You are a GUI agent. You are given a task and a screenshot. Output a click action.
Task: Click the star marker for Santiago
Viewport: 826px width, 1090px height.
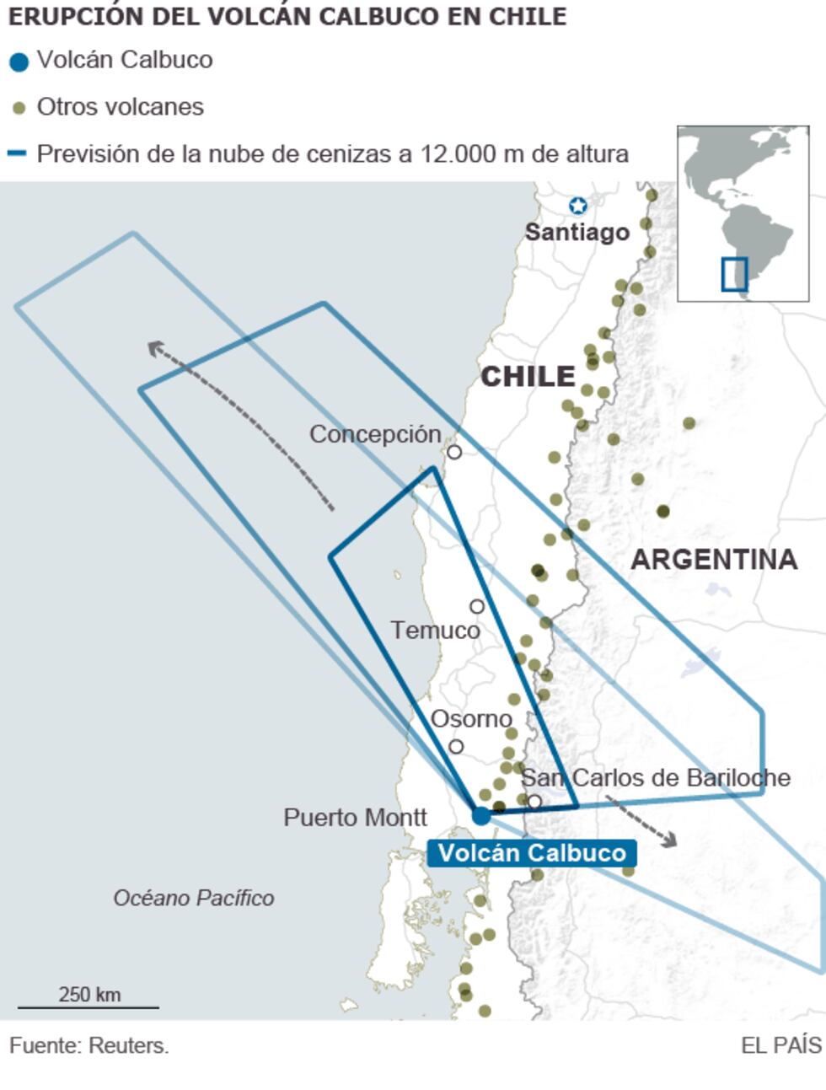point(577,205)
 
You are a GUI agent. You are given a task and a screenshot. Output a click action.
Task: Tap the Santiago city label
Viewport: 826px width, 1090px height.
point(577,232)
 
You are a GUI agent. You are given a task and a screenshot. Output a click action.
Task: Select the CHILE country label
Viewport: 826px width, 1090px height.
point(528,376)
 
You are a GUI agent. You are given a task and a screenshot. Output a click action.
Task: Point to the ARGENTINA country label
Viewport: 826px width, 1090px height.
point(713,559)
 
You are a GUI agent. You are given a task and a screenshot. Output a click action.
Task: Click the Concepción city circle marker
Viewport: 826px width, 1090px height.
point(454,452)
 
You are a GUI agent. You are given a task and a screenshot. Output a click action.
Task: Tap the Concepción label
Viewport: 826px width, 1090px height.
point(375,434)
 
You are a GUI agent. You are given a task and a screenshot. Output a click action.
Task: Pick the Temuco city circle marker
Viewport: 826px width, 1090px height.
point(477,606)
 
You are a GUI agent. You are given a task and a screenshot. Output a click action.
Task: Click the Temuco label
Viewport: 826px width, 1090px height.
point(435,631)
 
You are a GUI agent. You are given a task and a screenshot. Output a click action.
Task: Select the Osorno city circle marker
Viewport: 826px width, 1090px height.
point(456,746)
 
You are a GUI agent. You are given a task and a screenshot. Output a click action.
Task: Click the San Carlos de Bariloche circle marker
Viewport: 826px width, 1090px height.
point(534,801)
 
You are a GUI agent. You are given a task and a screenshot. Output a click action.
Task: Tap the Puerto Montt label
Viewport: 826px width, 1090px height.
point(355,817)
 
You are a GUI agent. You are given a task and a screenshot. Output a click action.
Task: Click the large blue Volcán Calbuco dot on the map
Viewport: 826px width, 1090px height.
point(481,815)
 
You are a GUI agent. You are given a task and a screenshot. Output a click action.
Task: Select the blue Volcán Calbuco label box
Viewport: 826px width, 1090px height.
point(531,852)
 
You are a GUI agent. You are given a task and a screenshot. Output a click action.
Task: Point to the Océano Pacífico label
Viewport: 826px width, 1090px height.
point(194,898)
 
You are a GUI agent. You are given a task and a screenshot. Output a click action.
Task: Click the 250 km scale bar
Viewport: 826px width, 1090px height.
point(88,1007)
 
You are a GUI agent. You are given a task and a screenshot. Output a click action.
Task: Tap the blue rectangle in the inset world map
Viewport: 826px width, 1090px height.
point(734,275)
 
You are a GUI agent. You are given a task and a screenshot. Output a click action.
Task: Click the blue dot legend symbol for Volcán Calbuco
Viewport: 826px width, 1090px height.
point(19,62)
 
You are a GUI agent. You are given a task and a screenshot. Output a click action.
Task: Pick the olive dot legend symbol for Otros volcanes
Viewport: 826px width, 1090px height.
point(19,108)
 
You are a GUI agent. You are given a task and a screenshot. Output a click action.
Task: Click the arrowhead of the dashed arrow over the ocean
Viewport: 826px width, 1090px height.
point(153,346)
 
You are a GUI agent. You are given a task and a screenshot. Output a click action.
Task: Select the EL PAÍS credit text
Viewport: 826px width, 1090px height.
point(780,1045)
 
